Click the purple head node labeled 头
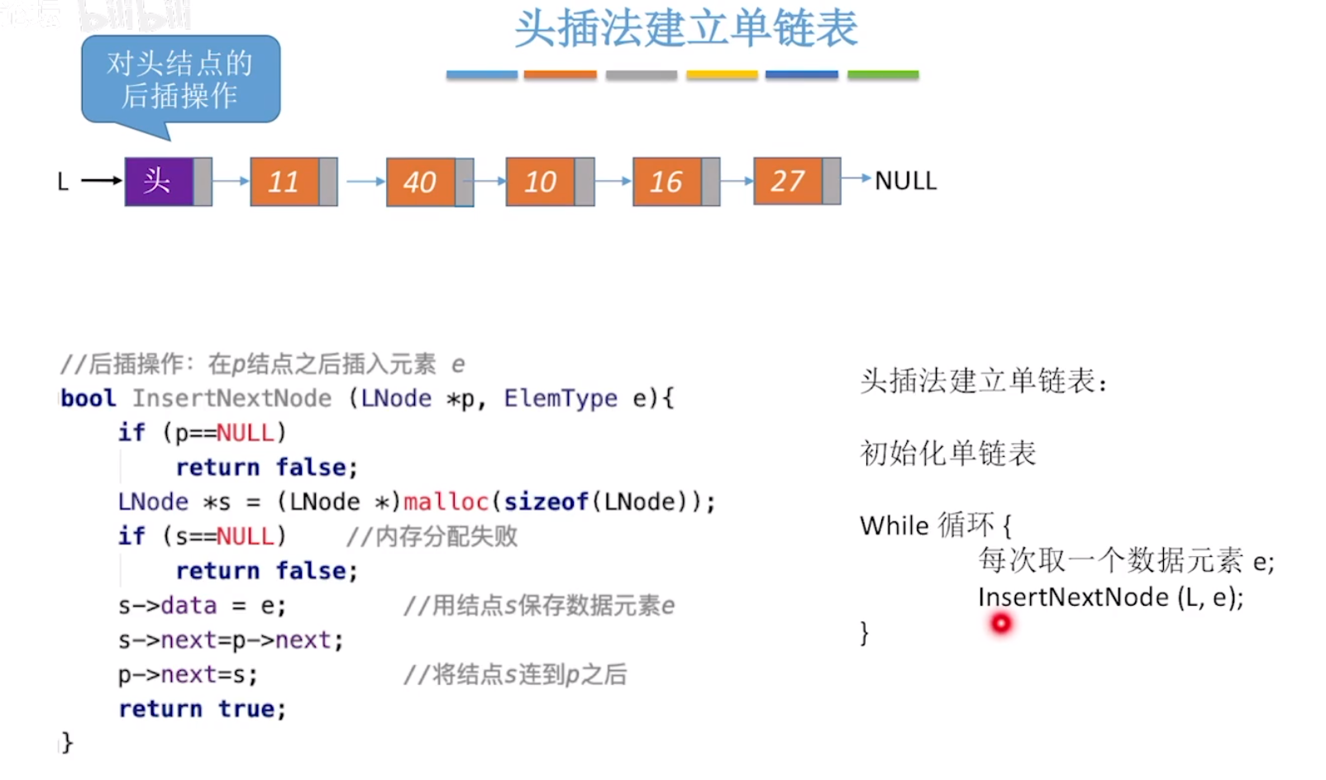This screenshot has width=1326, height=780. coord(160,181)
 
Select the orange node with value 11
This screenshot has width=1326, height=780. coord(284,181)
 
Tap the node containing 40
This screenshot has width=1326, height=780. coord(421,182)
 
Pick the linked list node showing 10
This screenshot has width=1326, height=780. coord(541,182)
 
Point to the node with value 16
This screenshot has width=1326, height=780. coord(667,182)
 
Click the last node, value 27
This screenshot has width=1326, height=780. coord(788,181)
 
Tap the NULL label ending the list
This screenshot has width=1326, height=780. coord(906,181)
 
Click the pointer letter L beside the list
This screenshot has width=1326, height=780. coord(63,182)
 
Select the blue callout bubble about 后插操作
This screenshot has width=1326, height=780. coord(180,79)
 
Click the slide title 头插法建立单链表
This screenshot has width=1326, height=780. coord(685,29)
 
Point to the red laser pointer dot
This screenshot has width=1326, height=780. coord(1000,623)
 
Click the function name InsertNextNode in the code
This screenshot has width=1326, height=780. coord(231,398)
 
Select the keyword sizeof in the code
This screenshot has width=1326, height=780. coord(546,502)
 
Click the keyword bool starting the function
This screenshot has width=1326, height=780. coord(88,398)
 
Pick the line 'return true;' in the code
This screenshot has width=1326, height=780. coord(203,709)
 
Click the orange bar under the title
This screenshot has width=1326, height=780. coord(560,75)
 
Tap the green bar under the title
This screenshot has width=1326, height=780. coord(883,75)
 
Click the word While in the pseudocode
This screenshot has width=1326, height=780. coord(894,526)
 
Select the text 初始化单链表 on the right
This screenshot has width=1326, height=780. coord(947,454)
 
